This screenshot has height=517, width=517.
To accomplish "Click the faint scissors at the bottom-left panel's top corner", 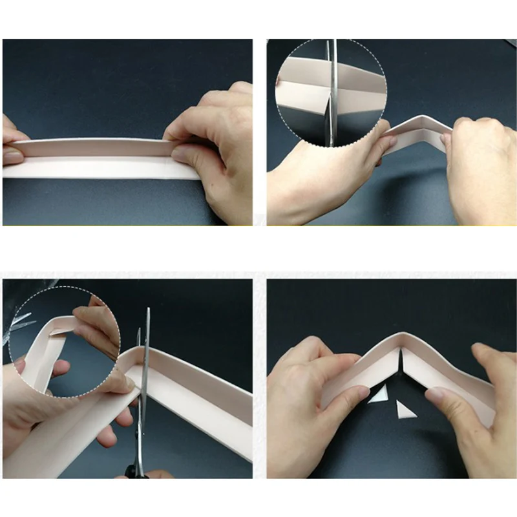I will click(x=19, y=320).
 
